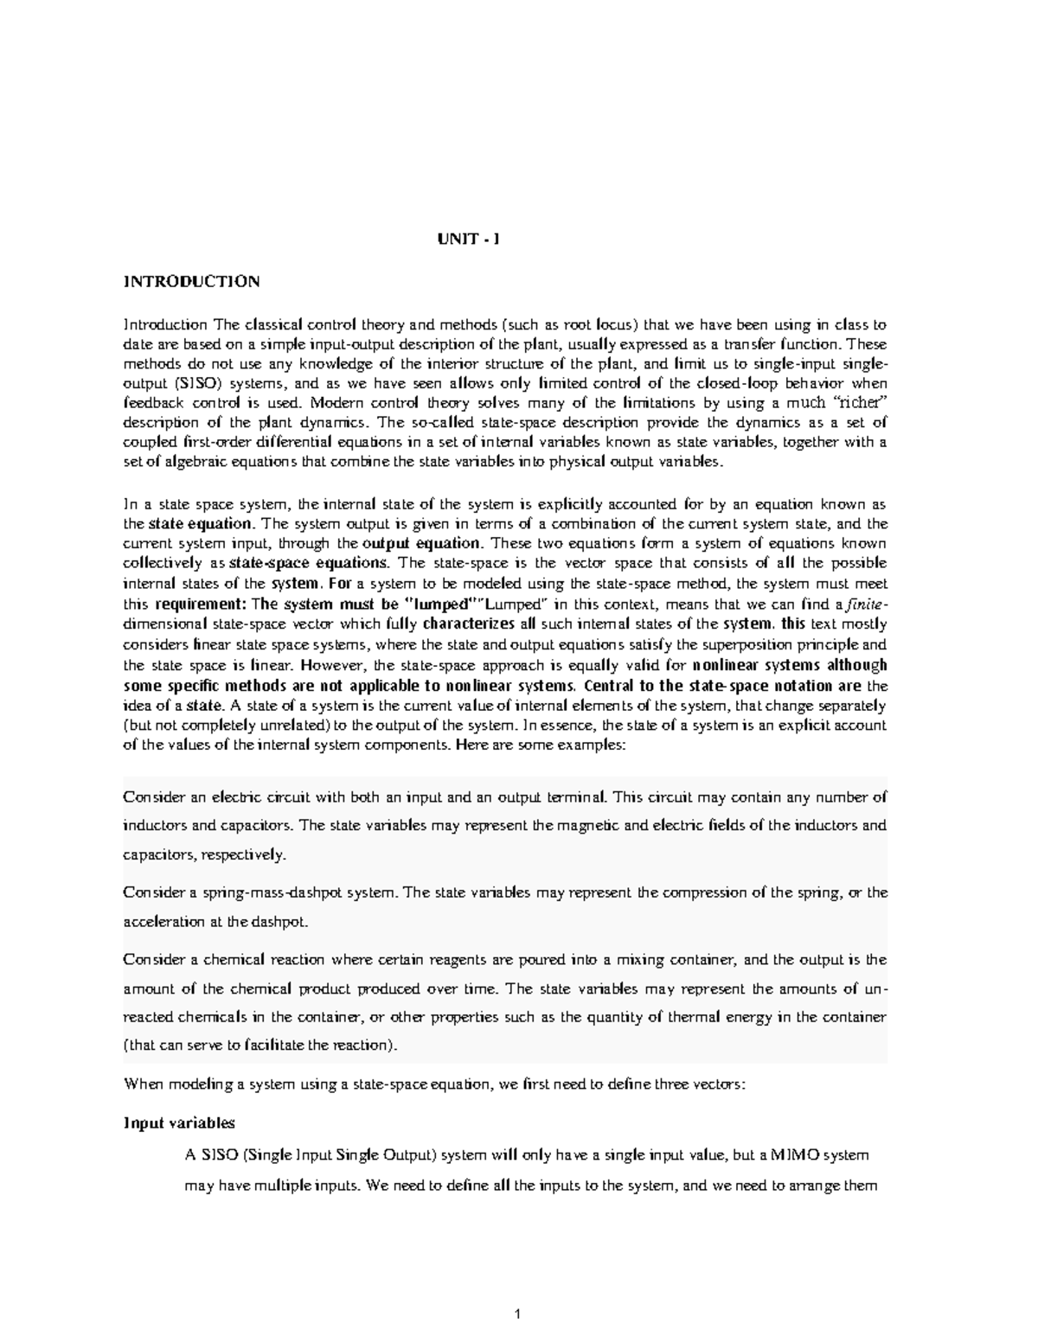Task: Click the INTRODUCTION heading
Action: (x=191, y=281)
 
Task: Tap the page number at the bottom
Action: (x=517, y=1315)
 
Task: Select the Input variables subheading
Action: (x=179, y=1122)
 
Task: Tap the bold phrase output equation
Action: (x=421, y=543)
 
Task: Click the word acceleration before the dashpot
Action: (x=159, y=921)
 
